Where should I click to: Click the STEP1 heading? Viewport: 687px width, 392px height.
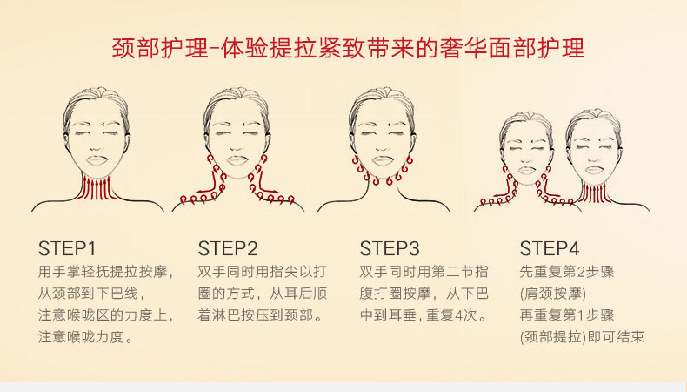67,248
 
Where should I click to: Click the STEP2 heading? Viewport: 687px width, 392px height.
228,248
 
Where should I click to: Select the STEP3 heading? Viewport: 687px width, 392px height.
390,248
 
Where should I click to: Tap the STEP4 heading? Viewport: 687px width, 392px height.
550,248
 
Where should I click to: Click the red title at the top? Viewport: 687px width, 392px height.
349,47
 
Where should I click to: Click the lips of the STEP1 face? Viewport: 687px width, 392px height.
97,160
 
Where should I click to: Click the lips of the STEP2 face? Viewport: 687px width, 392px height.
237,160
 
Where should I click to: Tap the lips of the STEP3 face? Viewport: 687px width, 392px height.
382,160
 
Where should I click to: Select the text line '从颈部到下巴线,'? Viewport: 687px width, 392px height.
91,294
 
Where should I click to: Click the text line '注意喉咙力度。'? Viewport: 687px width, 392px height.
86,337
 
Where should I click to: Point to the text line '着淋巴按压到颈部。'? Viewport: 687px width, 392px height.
260,315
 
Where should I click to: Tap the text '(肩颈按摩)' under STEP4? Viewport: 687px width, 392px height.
553,294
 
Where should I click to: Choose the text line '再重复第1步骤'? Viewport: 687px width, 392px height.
567,315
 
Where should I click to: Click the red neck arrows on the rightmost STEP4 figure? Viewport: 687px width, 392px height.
595,193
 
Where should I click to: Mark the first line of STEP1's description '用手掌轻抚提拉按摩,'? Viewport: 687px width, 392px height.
106,272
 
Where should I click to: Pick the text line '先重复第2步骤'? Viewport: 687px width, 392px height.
567,272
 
